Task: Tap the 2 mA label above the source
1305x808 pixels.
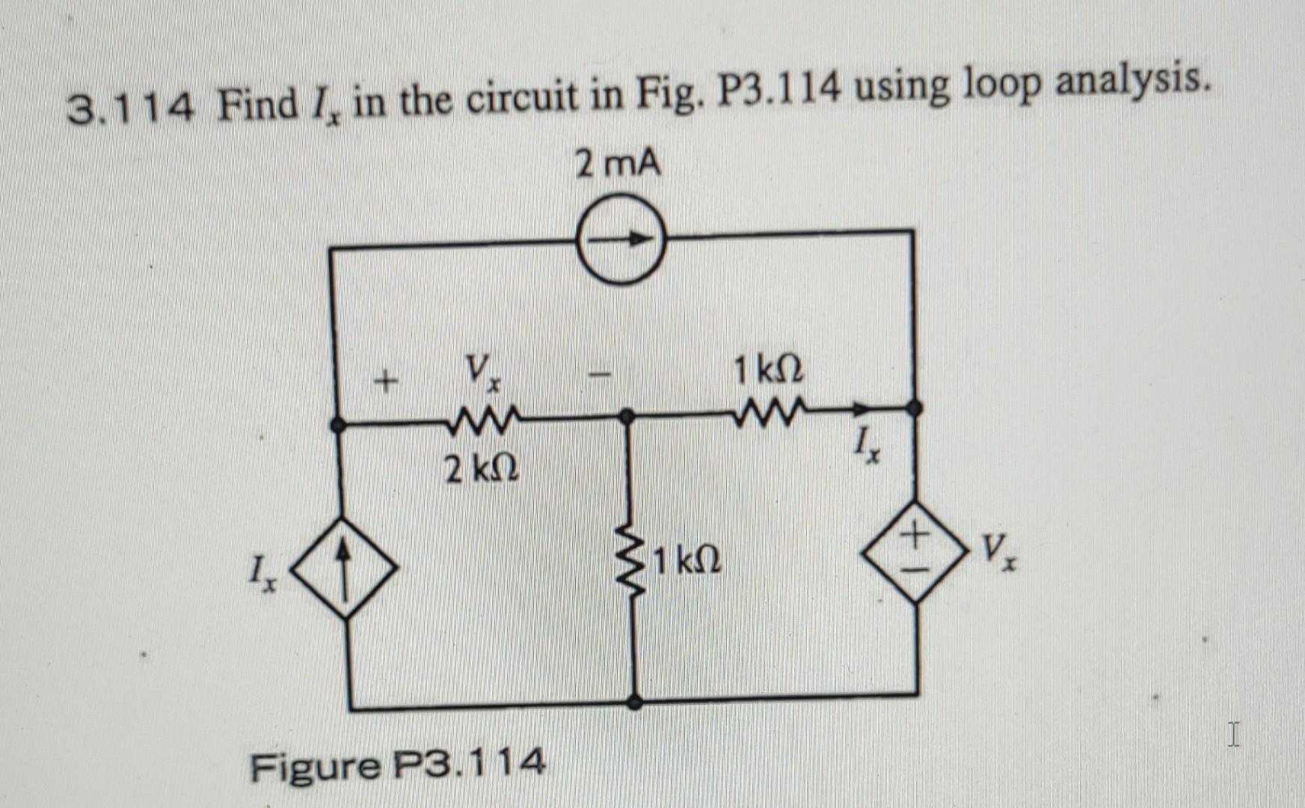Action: [x=618, y=164]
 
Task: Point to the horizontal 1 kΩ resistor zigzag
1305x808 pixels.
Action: [x=769, y=413]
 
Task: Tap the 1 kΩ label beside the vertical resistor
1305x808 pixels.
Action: [x=687, y=560]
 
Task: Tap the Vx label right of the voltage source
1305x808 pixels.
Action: [x=998, y=553]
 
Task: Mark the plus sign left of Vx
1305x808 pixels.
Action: [x=384, y=383]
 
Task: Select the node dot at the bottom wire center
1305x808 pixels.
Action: [x=634, y=702]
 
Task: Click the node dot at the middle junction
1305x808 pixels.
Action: [x=628, y=417]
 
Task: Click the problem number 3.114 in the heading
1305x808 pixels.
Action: [x=132, y=111]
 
